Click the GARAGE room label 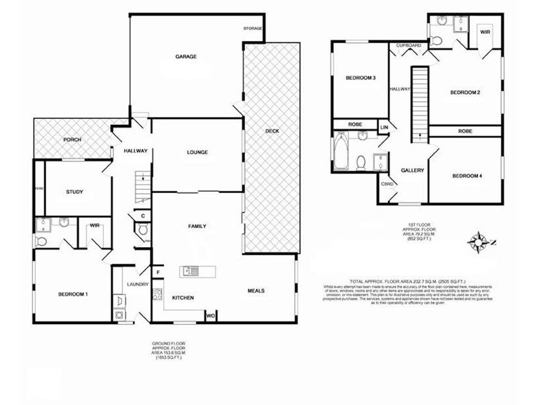click(186, 57)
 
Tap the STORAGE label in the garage click(253, 28)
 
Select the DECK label click(272, 131)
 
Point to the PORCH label click(72, 140)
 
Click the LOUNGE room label click(197, 153)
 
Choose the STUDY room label click(74, 192)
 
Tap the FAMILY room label click(197, 227)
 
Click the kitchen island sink click(189, 272)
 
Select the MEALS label click(255, 291)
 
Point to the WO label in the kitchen click(210, 315)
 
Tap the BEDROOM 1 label click(74, 294)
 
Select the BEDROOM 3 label click(360, 78)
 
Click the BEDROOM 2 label click(465, 92)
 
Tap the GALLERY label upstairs click(412, 171)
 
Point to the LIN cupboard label click(385, 127)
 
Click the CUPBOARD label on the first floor click(408, 45)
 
